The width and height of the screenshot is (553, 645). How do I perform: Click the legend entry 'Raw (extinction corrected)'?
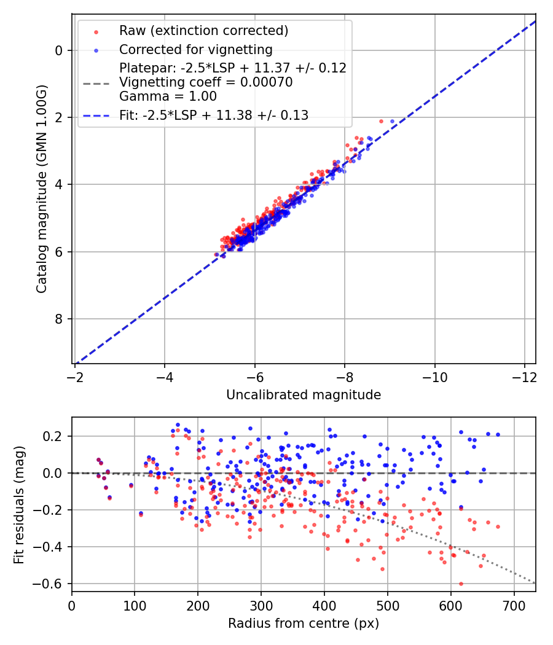coord(203,31)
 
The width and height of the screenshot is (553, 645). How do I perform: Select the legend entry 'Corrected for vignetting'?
coord(195,49)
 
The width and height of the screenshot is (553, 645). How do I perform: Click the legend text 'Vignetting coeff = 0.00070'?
coord(206,82)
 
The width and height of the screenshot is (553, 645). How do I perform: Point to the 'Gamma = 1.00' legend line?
coord(168,96)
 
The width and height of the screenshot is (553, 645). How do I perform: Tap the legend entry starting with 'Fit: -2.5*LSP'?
coord(214,115)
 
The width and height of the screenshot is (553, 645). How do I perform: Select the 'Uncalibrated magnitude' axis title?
coord(304,395)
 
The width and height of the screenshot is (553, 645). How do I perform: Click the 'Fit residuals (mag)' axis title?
coord(19,504)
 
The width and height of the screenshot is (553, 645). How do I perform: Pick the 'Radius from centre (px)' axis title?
coord(304,623)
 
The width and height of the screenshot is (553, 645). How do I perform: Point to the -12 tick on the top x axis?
coord(524,375)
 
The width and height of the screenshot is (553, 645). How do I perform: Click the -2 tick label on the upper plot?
coord(75,375)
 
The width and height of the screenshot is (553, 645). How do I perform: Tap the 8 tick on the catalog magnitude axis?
coord(59,319)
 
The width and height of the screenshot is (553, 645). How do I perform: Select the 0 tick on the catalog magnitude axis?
coord(59,50)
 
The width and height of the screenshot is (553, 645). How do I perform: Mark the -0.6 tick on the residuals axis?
coord(53,584)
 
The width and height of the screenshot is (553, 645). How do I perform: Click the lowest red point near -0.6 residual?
coord(461,584)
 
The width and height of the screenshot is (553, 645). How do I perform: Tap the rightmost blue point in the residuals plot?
coord(498,434)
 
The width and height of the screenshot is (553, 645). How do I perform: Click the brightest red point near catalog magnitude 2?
coord(381,121)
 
